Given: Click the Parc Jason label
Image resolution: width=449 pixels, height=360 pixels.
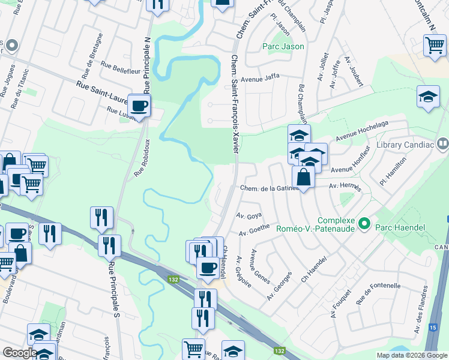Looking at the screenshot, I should pyautogui.click(x=283, y=46).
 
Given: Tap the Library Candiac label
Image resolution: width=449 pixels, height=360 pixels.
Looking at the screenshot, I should pyautogui.click(x=406, y=145).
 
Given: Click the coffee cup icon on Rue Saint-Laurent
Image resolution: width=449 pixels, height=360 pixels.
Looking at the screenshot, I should pyautogui.click(x=139, y=106).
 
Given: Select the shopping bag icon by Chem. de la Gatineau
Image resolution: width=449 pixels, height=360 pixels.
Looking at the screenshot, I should pyautogui.click(x=304, y=178).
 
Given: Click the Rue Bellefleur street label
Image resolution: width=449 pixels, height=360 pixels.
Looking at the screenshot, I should pyautogui.click(x=121, y=62).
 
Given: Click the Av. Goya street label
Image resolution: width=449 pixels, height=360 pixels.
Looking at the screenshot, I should pyautogui.click(x=249, y=215).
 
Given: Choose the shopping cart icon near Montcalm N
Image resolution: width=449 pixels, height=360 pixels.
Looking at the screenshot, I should pyautogui.click(x=434, y=46).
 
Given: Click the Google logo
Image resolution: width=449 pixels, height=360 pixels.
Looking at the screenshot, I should pyautogui.click(x=20, y=352).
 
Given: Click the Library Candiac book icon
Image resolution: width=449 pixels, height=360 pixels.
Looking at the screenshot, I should pyautogui.click(x=442, y=144).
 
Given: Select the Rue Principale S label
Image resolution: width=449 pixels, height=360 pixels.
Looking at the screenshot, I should pyautogui.click(x=112, y=289).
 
